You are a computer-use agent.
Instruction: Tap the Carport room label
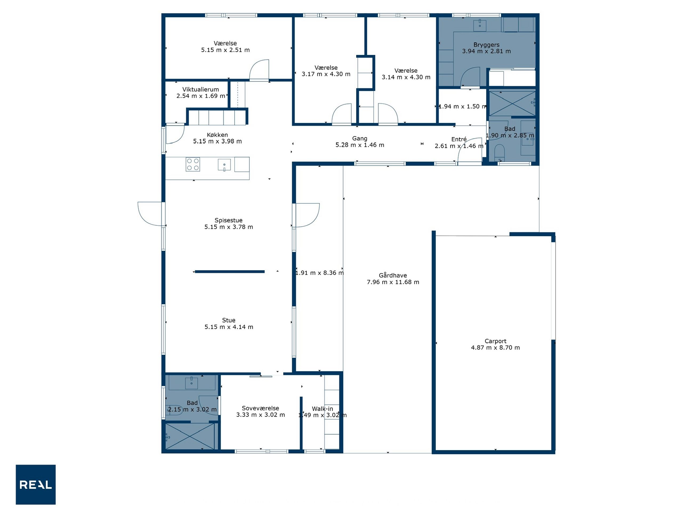click(x=495, y=341)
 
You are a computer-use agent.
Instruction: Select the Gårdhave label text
click(x=393, y=275)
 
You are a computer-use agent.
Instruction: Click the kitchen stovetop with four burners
click(x=193, y=164)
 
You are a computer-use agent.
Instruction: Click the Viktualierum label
click(x=200, y=90)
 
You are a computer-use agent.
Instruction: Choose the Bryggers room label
click(x=486, y=45)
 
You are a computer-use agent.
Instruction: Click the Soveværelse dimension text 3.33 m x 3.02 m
click(x=260, y=415)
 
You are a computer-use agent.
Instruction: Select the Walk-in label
click(x=322, y=409)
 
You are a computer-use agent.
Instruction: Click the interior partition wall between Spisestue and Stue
click(x=230, y=272)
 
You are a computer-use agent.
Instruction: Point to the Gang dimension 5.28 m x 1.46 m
click(x=360, y=145)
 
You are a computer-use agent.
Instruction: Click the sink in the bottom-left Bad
click(x=191, y=383)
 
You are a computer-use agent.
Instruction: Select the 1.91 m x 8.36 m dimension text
click(x=319, y=273)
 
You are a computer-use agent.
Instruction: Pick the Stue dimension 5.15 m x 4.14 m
click(x=229, y=327)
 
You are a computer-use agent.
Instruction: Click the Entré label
click(x=459, y=139)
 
